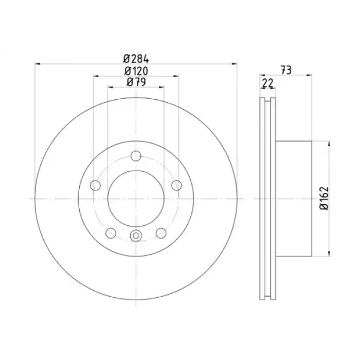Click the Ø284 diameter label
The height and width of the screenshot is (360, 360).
tap(136, 59)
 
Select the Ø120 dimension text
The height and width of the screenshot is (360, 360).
tap(136, 71)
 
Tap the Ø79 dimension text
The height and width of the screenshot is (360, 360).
tap(136, 82)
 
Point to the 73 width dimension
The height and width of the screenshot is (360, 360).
tap(286, 70)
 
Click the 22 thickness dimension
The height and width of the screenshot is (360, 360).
tap(268, 83)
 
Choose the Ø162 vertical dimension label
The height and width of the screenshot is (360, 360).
tap(324, 199)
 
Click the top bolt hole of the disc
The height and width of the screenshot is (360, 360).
tap(136, 156)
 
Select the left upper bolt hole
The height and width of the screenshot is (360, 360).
tap(95, 185)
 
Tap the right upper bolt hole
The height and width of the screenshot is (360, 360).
tap(176, 185)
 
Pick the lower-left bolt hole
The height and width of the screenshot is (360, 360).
tap(111, 233)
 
